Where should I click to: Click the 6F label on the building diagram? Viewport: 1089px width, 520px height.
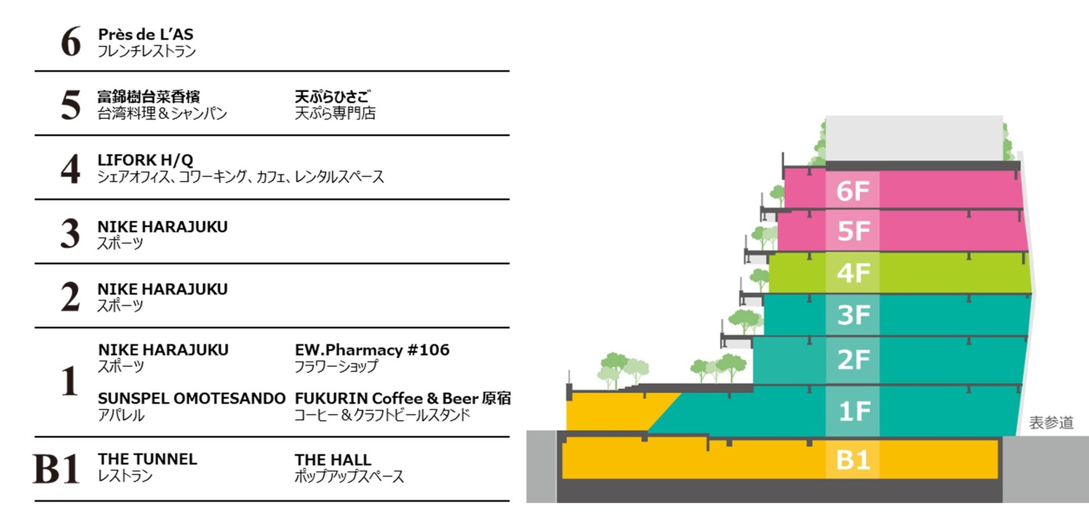pos(853,191)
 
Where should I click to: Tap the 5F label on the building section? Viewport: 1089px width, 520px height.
pos(853,231)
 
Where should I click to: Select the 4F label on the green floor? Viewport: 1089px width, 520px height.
pos(853,273)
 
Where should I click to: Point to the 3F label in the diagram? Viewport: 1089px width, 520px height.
pos(853,315)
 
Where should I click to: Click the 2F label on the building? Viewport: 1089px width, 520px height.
pos(853,360)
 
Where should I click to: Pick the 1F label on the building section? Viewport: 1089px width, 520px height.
pos(854,412)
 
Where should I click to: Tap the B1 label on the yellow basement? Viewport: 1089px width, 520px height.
pos(853,460)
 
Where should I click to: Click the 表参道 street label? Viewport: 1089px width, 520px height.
pos(1051,423)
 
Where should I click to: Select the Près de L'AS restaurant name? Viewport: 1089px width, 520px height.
pos(146,35)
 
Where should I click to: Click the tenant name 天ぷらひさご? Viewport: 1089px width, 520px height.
pos(332,97)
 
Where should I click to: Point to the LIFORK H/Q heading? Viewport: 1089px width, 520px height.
pos(145,160)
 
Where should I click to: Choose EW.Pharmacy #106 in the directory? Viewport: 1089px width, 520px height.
pos(372,350)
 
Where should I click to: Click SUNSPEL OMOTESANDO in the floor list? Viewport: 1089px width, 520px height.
pos(191,399)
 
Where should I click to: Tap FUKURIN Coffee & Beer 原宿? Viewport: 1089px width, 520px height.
pos(403,399)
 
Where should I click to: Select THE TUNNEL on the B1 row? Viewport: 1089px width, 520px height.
pos(147,459)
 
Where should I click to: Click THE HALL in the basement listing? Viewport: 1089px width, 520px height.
pos(333,460)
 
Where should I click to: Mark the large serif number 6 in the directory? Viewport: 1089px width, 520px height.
pos(71,42)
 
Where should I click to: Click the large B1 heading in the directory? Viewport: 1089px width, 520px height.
pos(56,469)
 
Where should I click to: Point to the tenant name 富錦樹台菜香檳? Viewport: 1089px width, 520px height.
pos(149,97)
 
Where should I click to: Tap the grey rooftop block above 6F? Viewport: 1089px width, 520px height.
pos(914,138)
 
